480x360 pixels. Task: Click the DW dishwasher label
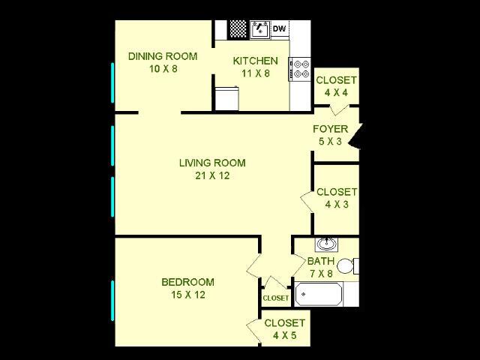pos(279,29)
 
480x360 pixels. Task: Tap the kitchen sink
pos(259,30)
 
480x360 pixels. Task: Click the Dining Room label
pos(163,62)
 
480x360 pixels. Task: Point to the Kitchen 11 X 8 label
pos(255,67)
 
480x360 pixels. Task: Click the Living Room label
pos(212,169)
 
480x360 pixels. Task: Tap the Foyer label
pos(330,134)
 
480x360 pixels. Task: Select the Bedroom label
pos(187,288)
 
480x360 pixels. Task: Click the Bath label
pos(321,267)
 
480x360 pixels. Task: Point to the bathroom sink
pos(326,244)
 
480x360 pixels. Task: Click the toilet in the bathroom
pos(346,265)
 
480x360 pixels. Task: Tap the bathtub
pos(318,294)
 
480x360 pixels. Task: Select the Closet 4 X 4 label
pos(336,87)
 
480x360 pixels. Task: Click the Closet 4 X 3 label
pos(337,198)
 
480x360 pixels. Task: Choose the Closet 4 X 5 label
pos(284,329)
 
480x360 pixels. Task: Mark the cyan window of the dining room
pos(113,83)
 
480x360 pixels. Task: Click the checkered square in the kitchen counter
pos(238,29)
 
